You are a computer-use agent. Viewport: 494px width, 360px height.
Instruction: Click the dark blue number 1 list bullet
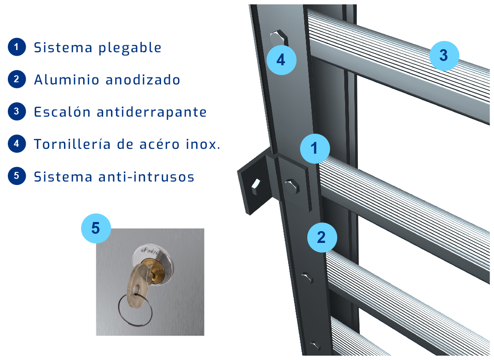[17, 47]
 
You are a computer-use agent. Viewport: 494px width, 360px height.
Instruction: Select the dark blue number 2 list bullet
[17, 79]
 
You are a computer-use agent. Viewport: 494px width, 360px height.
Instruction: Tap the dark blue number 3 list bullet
[17, 111]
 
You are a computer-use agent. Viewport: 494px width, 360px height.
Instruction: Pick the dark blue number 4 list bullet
[17, 144]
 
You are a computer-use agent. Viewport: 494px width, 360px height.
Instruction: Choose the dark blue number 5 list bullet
[17, 176]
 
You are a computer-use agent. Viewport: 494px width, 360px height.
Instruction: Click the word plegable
[130, 48]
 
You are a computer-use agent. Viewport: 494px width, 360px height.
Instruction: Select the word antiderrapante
[151, 112]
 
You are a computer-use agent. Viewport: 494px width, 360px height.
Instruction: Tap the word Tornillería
[72, 144]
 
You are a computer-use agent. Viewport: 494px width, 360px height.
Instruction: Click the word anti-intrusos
[146, 177]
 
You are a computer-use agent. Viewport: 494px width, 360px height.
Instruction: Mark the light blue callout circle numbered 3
[444, 55]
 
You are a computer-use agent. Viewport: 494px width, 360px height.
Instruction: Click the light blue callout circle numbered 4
[281, 60]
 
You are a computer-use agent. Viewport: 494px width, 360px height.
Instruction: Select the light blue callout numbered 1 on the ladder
[315, 148]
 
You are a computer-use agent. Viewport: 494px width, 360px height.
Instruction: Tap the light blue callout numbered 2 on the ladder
[322, 237]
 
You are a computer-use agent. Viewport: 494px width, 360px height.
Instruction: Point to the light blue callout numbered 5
[96, 228]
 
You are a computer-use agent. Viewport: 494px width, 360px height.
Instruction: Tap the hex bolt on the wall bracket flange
[256, 187]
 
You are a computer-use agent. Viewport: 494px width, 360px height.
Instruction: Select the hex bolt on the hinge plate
[292, 186]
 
